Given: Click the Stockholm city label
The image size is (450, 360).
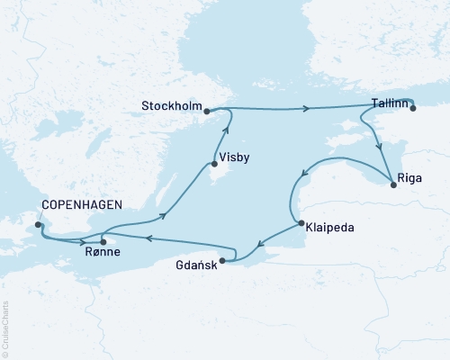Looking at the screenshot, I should [171, 106].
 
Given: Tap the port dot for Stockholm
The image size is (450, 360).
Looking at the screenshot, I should [207, 112].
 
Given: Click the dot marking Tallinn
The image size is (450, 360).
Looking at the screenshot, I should [413, 108].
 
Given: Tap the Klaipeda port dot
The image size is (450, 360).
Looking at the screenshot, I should [299, 223].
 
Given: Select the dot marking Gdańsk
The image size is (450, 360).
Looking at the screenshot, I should [222, 261].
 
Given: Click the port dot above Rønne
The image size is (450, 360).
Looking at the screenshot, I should [103, 241].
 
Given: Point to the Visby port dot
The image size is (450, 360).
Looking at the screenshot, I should [213, 164].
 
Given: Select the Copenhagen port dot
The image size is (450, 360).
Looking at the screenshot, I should [38, 224].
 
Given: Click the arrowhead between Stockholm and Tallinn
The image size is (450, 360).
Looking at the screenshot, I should [308, 109].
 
